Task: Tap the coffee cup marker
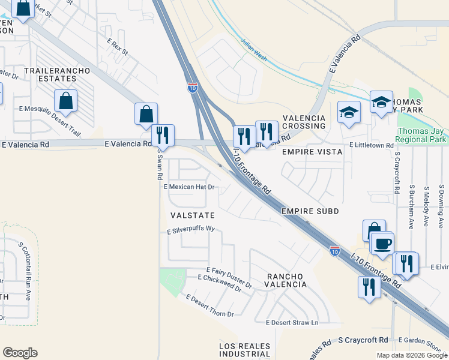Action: tap(382, 243)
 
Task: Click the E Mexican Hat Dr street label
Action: tap(189, 187)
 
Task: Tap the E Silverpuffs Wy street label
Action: tap(191, 229)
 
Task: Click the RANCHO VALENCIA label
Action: tap(286, 280)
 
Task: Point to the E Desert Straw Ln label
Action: tap(292, 323)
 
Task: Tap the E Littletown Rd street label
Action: tap(372, 146)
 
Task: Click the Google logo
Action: tap(20, 353)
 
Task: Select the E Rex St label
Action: tap(118, 48)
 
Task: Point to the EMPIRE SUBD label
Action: tap(310, 211)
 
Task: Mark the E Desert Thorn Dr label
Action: tap(209, 305)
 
